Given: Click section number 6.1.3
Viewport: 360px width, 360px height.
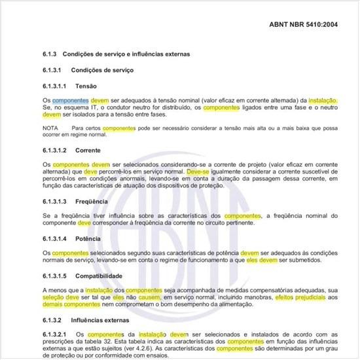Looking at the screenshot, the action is [50, 54].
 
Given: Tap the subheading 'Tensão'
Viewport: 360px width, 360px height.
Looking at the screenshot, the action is [86, 86].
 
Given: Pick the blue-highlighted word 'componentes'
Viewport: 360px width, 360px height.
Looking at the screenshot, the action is [71, 99].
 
